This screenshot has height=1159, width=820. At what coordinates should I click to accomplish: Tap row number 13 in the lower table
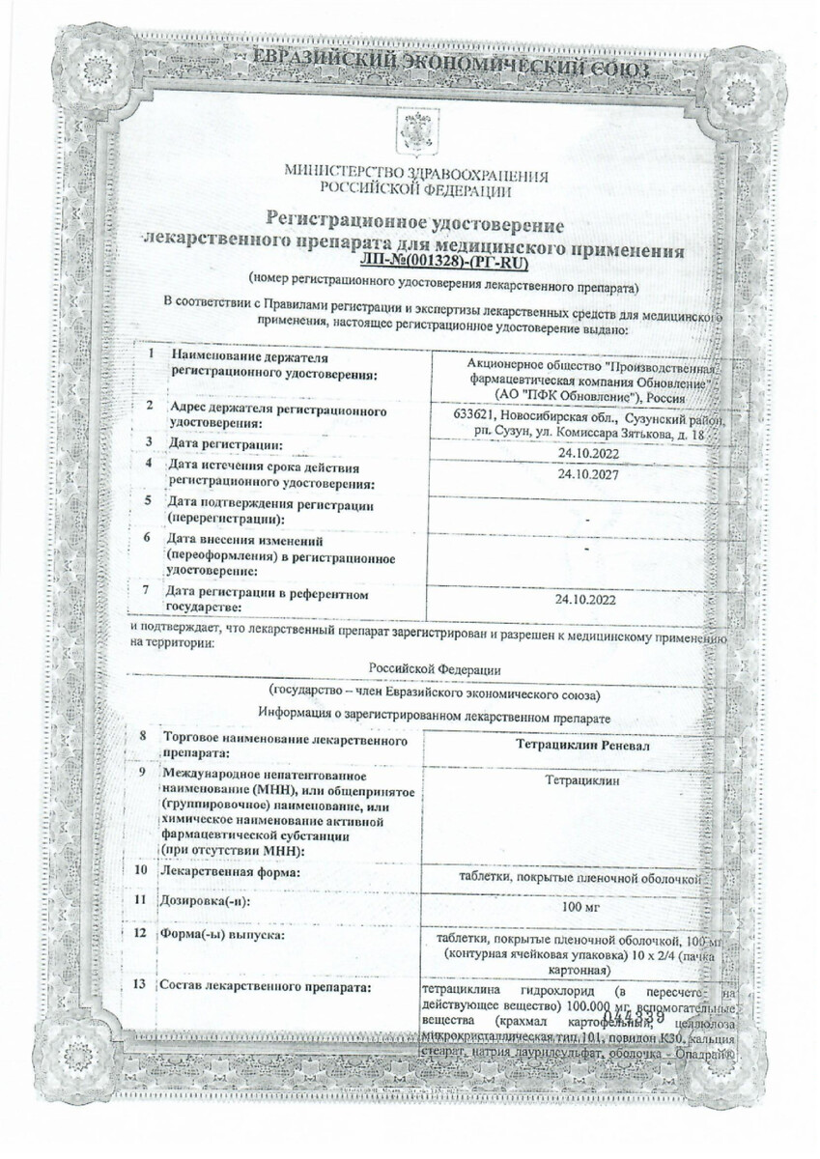click(x=141, y=984)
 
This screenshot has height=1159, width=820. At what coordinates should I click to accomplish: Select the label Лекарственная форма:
click(x=227, y=873)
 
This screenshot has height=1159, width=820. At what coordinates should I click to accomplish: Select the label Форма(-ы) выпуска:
click(x=222, y=934)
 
